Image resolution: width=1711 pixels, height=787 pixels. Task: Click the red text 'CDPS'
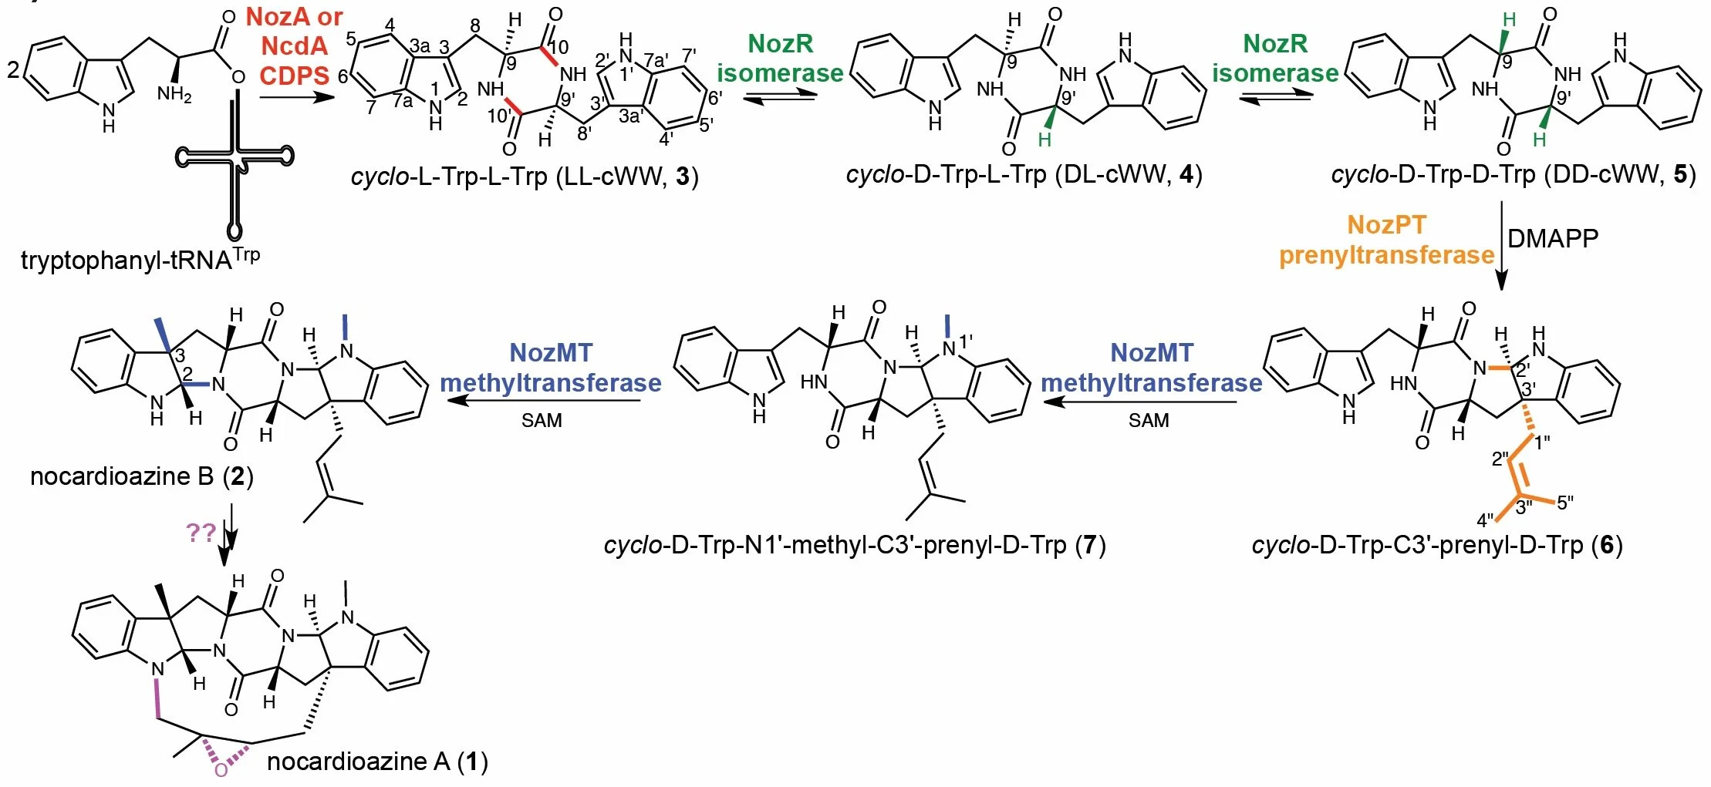coord(294,76)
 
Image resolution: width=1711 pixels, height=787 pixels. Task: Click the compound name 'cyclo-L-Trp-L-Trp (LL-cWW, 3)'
coord(525,177)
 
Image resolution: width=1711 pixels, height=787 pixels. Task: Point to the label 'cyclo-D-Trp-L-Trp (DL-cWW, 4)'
coord(1024,174)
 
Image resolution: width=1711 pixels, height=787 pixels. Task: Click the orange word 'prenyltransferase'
coord(1386,255)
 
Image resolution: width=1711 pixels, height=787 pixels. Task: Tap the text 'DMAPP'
coord(1552,238)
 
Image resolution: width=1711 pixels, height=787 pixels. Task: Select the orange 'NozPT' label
coord(1386,225)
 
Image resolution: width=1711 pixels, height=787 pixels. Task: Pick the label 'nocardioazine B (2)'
coord(141,476)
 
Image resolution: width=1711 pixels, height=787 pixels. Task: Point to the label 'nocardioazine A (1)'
coord(377,762)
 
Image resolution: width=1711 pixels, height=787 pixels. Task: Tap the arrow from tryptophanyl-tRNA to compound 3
coord(297,98)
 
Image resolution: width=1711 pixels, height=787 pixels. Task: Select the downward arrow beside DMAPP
coord(1501,247)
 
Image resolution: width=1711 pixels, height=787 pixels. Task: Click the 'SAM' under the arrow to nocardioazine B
coord(542,421)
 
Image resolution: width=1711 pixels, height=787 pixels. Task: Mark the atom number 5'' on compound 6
coord(1565,503)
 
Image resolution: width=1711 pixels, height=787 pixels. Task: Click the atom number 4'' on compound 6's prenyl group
coord(1486,521)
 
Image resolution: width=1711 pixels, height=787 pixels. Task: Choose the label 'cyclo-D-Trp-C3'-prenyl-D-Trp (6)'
coord(1436,546)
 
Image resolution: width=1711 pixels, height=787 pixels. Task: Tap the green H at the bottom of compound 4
coord(1044,140)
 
